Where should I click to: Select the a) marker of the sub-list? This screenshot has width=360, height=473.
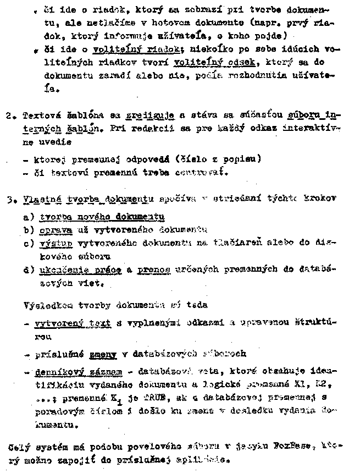coord(28,217)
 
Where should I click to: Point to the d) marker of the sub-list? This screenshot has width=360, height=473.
coord(28,269)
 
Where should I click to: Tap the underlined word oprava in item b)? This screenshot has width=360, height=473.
coord(53,229)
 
